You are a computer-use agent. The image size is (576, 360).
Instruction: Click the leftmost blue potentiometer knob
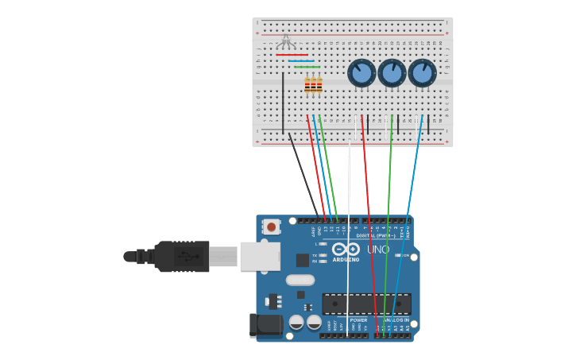361,73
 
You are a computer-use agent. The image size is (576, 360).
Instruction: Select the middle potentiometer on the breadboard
392,73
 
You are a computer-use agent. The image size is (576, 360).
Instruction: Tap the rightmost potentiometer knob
422,73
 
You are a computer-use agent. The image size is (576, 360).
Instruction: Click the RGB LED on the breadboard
286,41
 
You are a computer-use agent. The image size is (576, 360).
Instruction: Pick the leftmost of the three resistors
307,85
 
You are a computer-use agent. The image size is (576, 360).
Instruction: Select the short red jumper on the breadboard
292,55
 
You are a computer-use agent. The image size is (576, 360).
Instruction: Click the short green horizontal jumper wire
307,67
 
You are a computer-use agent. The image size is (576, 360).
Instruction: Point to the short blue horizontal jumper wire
301,61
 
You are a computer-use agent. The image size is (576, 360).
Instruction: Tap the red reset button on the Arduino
272,226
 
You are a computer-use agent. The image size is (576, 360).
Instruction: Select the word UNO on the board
378,250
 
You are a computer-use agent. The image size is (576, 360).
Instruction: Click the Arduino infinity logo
346,249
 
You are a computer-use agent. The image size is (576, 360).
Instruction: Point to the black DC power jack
266,324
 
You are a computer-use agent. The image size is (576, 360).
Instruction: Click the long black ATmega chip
365,304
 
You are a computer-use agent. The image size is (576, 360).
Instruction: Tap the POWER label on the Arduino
358,320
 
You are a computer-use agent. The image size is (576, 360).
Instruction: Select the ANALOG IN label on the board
396,320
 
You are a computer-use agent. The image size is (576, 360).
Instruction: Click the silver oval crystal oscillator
300,280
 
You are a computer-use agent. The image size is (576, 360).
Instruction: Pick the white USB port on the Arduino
260,256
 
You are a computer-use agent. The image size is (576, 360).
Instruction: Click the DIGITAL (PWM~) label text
373,235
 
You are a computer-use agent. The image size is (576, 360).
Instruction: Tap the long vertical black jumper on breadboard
283,103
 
